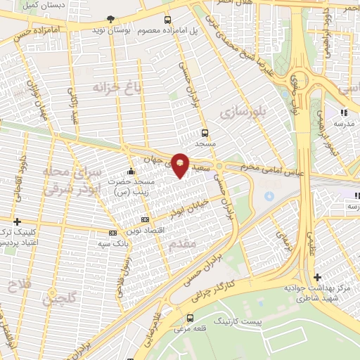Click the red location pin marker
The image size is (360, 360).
pos(180,164)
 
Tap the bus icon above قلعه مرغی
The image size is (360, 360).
pos(191,318)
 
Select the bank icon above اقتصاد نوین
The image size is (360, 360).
pos(146,220)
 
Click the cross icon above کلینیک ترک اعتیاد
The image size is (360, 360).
pos(18,222)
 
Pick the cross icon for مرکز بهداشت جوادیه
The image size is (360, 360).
pos(318,277)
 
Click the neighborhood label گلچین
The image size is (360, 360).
pos(59,297)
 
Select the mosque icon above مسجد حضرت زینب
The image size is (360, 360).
pos(131,172)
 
